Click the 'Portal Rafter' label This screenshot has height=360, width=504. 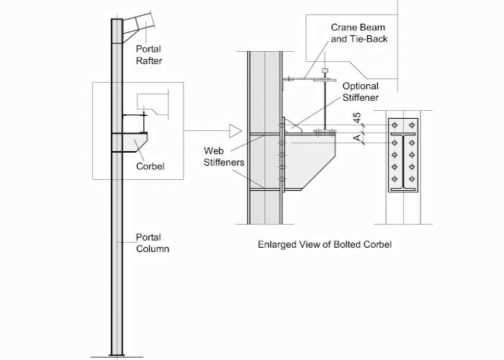click(149, 55)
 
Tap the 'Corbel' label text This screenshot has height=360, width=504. click(150, 166)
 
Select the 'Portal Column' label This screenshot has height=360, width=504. click(153, 243)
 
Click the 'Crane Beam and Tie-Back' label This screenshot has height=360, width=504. click(359, 32)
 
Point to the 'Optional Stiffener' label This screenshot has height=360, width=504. click(361, 91)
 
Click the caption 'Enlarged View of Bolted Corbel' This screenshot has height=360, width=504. click(324, 244)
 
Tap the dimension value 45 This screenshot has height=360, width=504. click(357, 119)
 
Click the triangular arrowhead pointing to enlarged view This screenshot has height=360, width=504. click(234, 131)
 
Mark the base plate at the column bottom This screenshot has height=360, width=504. click(117, 355)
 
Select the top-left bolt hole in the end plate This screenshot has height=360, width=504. click(394, 122)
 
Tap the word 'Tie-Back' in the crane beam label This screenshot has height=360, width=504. click(370, 38)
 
